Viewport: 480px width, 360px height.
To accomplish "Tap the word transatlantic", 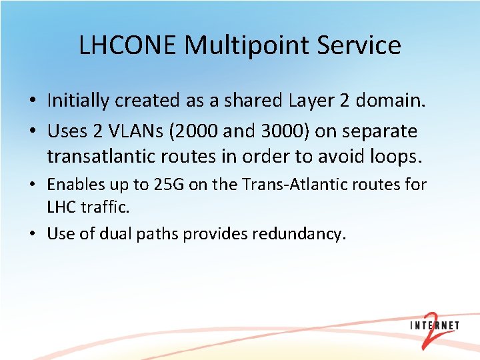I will click(x=103, y=157).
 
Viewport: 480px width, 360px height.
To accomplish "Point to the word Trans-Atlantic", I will click(x=287, y=185).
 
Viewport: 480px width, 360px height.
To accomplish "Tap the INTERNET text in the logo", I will click(x=434, y=326).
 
